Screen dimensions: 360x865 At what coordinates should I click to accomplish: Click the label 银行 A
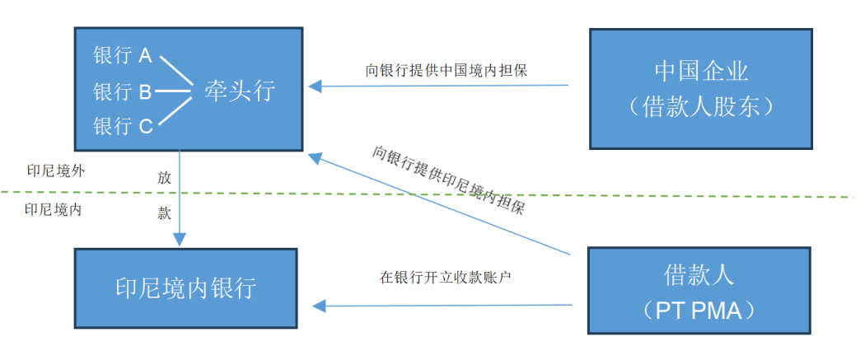pos(123,56)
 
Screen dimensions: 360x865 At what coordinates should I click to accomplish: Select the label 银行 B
pos(123,91)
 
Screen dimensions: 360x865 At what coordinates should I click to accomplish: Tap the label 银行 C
pos(123,126)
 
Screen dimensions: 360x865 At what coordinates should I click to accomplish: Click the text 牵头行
pos(239,91)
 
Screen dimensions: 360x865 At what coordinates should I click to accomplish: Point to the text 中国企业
pos(701,71)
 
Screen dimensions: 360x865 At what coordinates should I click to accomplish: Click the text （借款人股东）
pos(701,107)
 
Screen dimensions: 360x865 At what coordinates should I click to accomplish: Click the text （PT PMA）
pos(701,311)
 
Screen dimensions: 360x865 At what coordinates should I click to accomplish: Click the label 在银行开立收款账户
pos(446,277)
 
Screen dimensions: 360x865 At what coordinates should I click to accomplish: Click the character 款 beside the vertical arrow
pos(164,213)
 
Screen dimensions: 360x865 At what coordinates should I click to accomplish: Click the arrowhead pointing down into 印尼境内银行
pos(179,239)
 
